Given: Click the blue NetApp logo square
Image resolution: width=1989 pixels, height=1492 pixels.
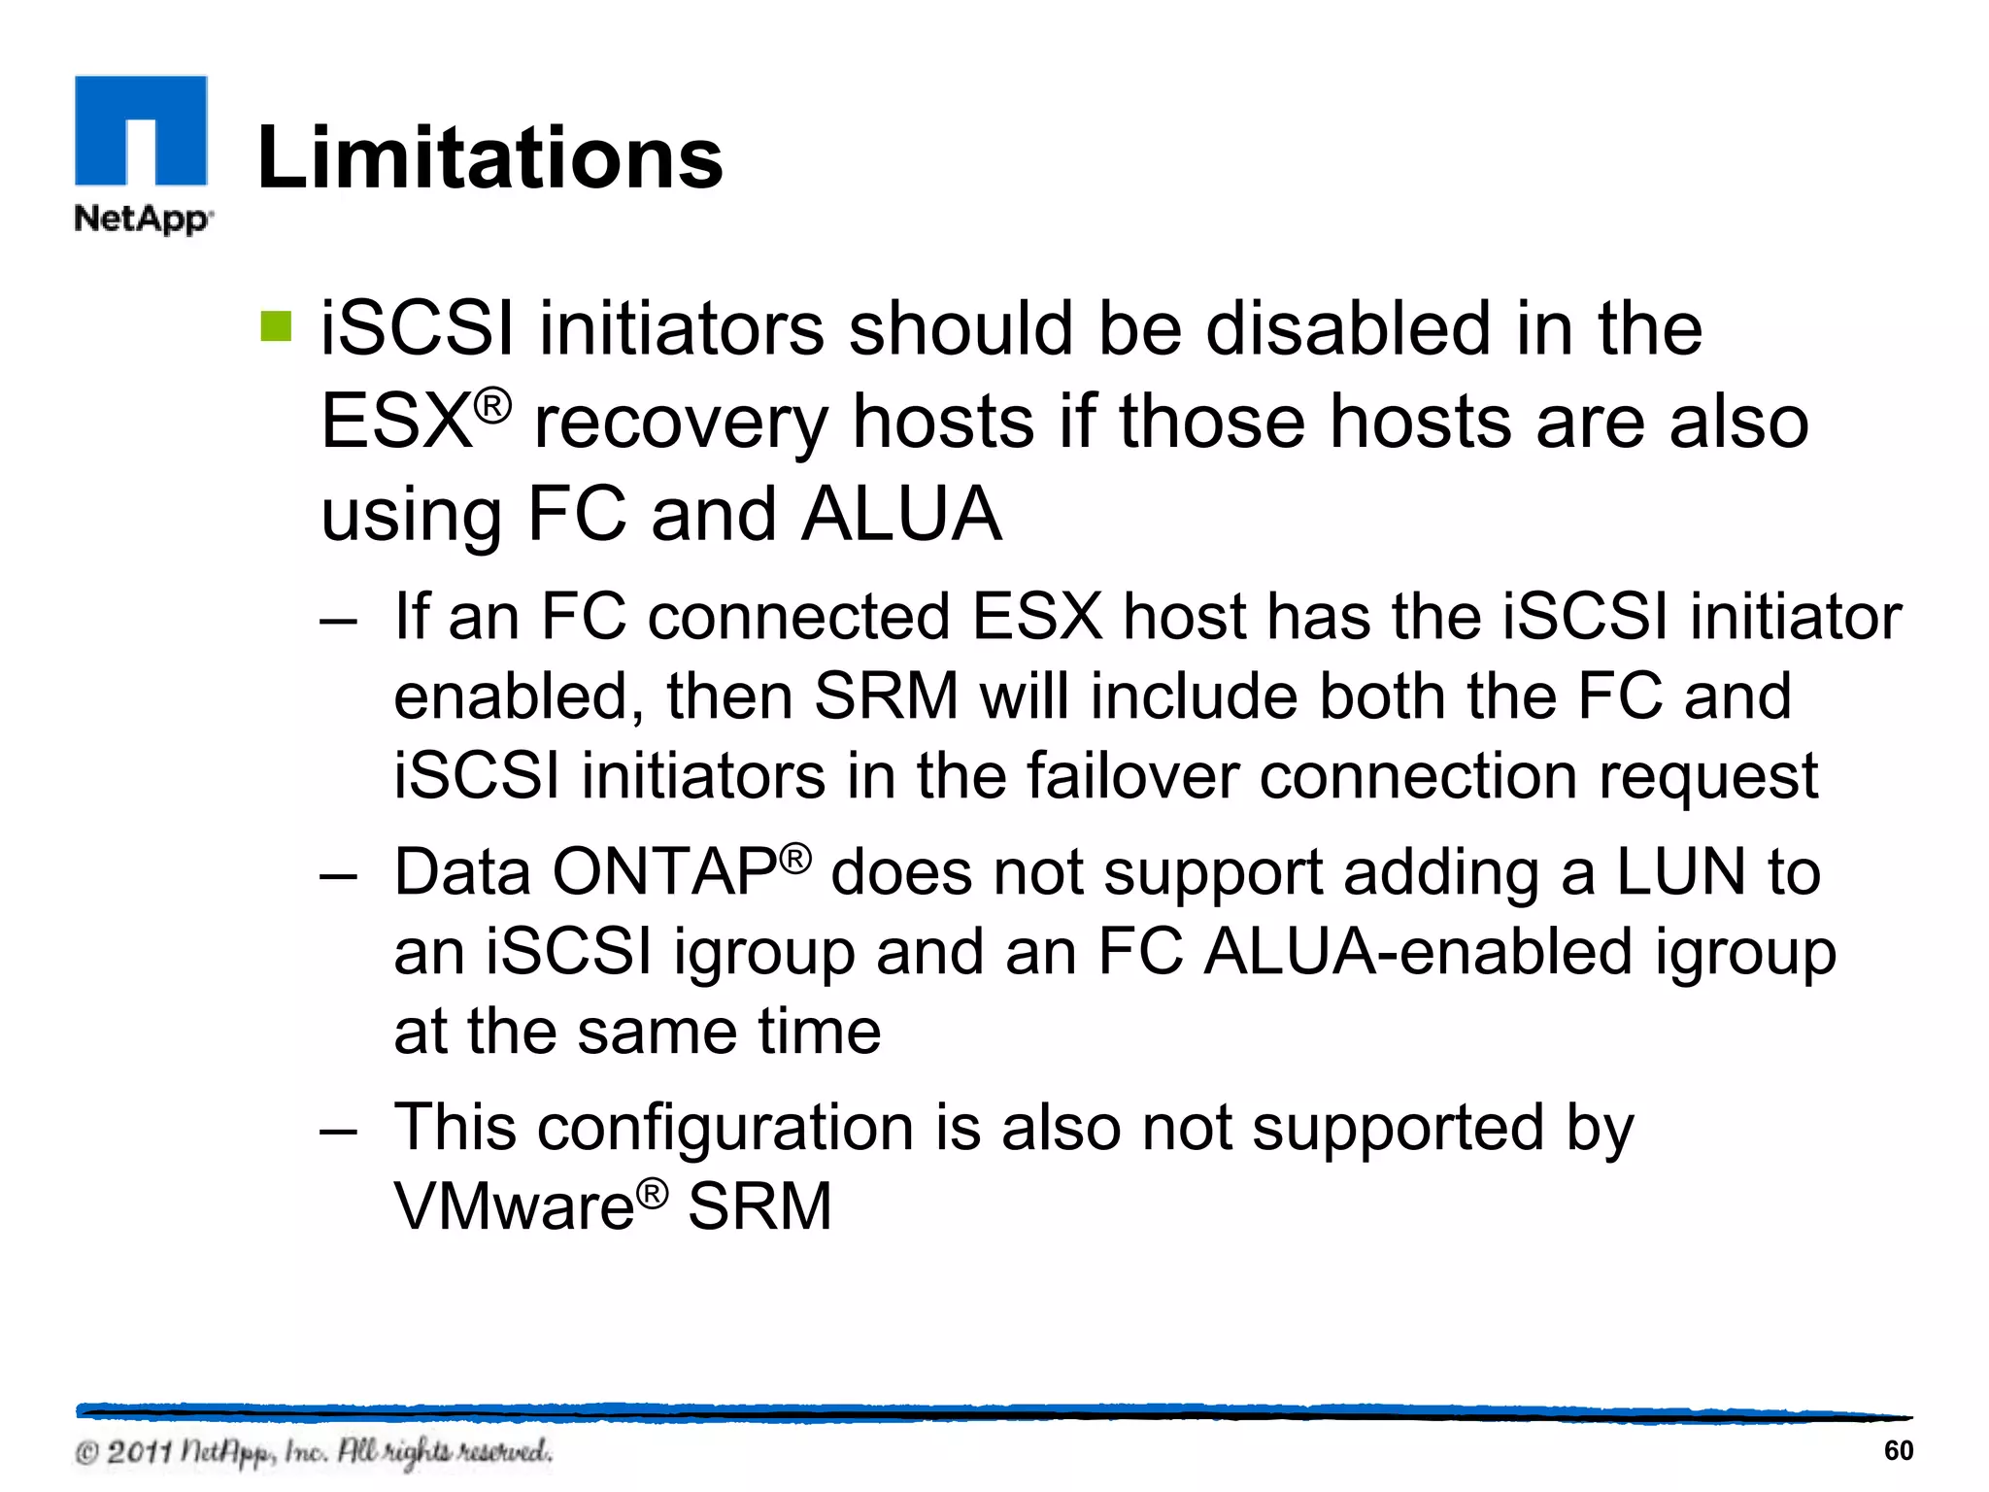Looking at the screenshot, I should click(141, 129).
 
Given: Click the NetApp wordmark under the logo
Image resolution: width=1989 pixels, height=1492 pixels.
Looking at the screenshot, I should click(143, 218).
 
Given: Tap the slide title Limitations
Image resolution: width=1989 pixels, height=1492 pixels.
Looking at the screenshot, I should click(489, 158).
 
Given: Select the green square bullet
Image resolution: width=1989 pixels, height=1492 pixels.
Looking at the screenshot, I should click(276, 326).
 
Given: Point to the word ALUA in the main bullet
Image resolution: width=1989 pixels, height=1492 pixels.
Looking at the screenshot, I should click(901, 514).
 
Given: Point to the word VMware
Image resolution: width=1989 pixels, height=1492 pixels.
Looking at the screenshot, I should click(514, 1206).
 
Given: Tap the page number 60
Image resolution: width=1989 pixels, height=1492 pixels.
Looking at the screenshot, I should click(1898, 1450).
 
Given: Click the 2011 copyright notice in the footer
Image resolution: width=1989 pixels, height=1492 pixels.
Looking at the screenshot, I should click(313, 1452).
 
